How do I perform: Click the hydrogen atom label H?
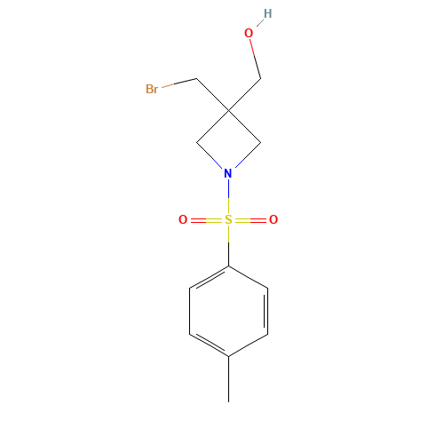[x=267, y=13]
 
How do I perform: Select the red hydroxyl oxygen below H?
[x=249, y=34]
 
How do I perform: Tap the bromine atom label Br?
[x=151, y=89]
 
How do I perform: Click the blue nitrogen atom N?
[x=228, y=173]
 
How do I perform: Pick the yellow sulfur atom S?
[x=228, y=219]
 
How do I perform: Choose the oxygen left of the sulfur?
[x=183, y=219]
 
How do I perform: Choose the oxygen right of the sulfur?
[x=274, y=219]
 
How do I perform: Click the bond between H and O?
[x=258, y=23]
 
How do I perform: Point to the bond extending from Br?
[x=178, y=83]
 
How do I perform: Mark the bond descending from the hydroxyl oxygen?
[x=255, y=57]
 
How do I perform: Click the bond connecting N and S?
[x=228, y=196]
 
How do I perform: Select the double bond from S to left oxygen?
[x=205, y=219]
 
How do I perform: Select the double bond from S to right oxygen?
[x=251, y=219]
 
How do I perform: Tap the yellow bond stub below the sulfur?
[x=228, y=234]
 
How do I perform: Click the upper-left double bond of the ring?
[x=210, y=277]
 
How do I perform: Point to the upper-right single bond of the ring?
[x=249, y=277]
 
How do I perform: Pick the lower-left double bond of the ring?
[x=210, y=345]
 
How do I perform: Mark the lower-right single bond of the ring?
[x=249, y=345]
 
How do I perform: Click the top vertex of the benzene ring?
[x=229, y=266]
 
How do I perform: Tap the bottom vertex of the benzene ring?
[x=229, y=356]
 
